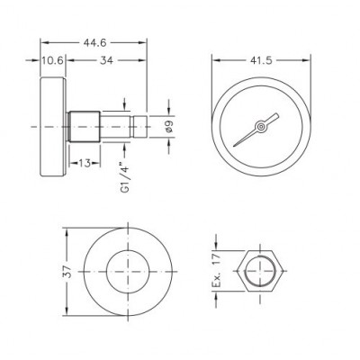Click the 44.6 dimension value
click(94, 43)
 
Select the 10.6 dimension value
click(52, 60)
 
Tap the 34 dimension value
click(106, 60)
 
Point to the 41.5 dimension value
click(261, 60)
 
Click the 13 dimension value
click(85, 163)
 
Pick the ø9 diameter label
click(169, 126)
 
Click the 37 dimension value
click(69, 272)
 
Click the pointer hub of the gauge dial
click(261, 126)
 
